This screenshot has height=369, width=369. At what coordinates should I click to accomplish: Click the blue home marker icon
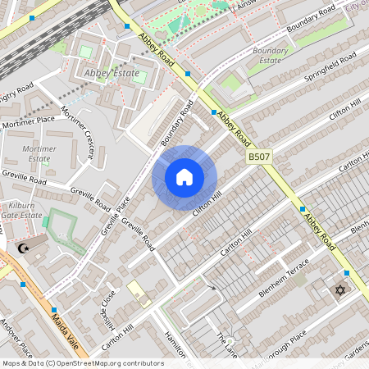[184, 177]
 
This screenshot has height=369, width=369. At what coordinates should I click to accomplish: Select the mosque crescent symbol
[23, 248]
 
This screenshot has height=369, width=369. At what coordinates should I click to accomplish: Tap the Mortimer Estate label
[39, 153]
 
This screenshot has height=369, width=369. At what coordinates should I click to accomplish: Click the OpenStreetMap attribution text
[82, 363]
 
